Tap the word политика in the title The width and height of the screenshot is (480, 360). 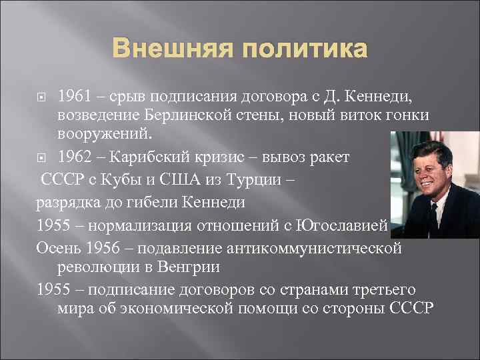303,50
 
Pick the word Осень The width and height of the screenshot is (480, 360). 55,247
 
